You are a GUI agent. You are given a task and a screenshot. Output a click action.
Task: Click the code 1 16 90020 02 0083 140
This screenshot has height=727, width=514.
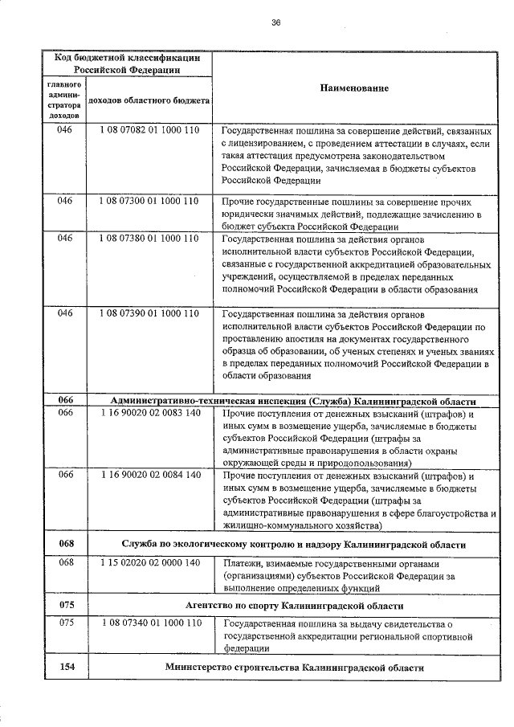[x=151, y=414]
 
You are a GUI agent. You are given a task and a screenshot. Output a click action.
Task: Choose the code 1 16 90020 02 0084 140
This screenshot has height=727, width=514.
[x=151, y=476]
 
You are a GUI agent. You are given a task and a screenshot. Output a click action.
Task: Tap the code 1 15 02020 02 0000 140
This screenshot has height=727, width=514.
[x=151, y=564]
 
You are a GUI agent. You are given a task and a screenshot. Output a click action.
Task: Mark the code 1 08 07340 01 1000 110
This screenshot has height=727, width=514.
[x=151, y=624]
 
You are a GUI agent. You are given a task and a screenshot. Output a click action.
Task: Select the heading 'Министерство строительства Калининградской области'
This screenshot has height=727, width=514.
[x=295, y=668]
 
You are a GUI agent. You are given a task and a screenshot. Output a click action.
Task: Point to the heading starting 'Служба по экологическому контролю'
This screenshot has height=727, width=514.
[x=293, y=545]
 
